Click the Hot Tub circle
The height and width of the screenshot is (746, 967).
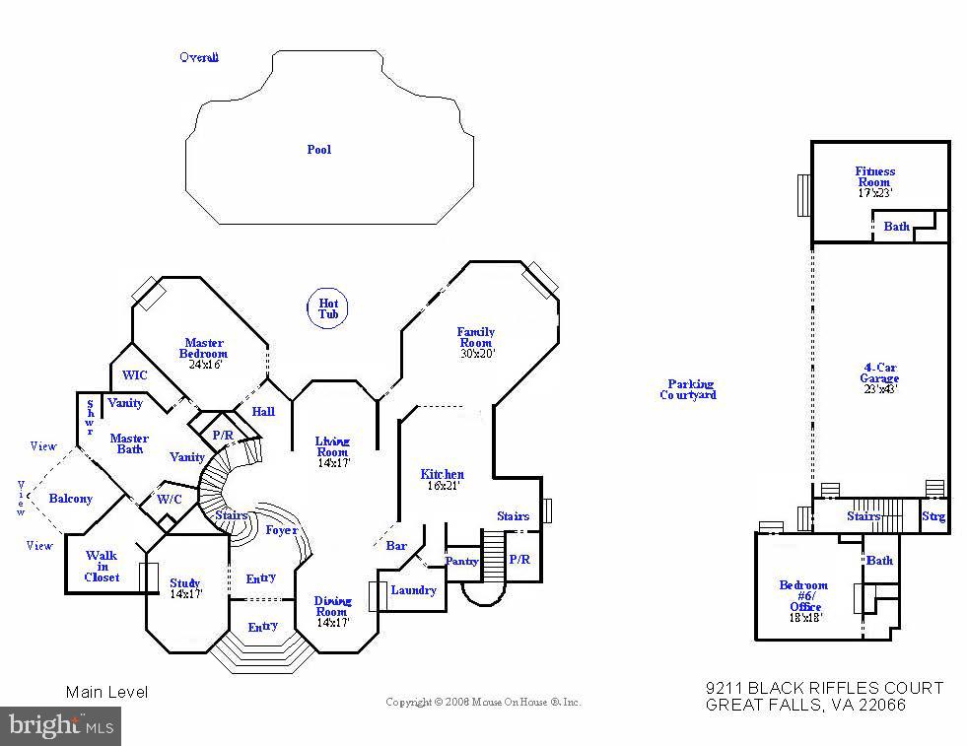pos(327,307)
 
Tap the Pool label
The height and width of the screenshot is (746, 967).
pos(318,150)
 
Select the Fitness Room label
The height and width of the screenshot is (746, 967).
pos(874,176)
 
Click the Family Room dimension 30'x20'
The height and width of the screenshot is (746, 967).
pos(476,353)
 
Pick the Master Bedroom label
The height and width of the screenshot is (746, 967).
pos(204,348)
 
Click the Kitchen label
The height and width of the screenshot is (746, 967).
pos(442,474)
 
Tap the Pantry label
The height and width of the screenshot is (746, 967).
pos(461,562)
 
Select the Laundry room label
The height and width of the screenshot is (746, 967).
pos(413,590)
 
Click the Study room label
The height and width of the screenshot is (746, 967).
pos(184,583)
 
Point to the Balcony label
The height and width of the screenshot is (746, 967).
pos(70,499)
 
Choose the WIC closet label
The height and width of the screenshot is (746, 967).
pos(134,375)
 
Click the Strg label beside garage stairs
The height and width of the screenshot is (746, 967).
pos(932,516)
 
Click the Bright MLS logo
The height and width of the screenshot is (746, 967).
pos(60,726)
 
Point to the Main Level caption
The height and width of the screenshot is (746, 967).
pos(106,692)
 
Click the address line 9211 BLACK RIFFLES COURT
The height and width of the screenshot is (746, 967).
pos(824,688)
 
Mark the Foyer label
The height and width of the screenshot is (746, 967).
pos(282,530)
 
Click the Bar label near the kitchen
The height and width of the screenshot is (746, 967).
pos(396,545)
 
